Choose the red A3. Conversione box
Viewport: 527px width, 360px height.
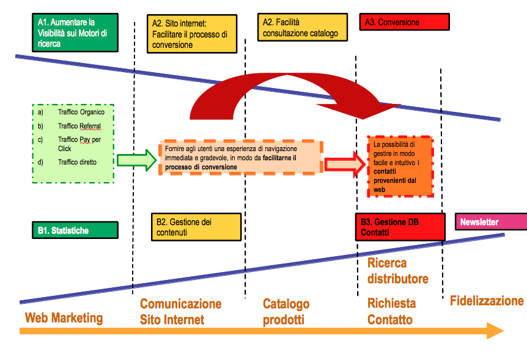click(x=404, y=22)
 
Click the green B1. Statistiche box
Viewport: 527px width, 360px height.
click(x=75, y=230)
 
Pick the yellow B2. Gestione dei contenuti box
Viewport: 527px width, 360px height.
click(x=196, y=227)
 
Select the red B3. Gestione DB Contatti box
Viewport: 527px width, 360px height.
click(x=400, y=227)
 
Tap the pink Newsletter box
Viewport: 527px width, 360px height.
click(x=490, y=222)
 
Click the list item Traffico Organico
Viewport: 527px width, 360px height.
click(x=81, y=112)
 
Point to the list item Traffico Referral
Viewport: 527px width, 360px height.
click(x=79, y=126)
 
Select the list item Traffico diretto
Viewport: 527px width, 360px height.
click(x=77, y=162)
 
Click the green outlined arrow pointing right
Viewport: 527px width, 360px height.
click(x=136, y=161)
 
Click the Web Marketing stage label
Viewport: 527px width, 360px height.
click(x=64, y=318)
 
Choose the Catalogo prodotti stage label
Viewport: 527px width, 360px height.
click(x=286, y=312)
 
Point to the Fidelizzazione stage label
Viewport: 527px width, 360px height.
click(x=487, y=301)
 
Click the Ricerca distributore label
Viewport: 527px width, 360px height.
click(x=397, y=271)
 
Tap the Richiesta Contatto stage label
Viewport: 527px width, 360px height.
click(x=391, y=311)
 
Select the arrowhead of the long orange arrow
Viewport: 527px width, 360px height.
click(x=494, y=331)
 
